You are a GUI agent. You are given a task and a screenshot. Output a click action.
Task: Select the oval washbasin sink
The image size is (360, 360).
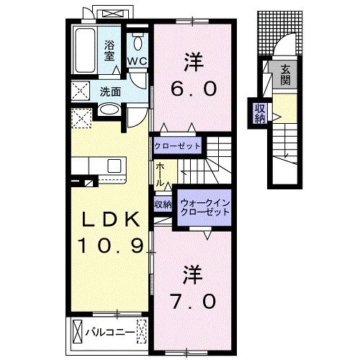(109, 110)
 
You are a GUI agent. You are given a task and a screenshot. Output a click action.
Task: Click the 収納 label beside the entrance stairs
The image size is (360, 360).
(260, 114)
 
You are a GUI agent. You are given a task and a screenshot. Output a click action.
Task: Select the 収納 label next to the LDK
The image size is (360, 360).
(163, 204)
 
